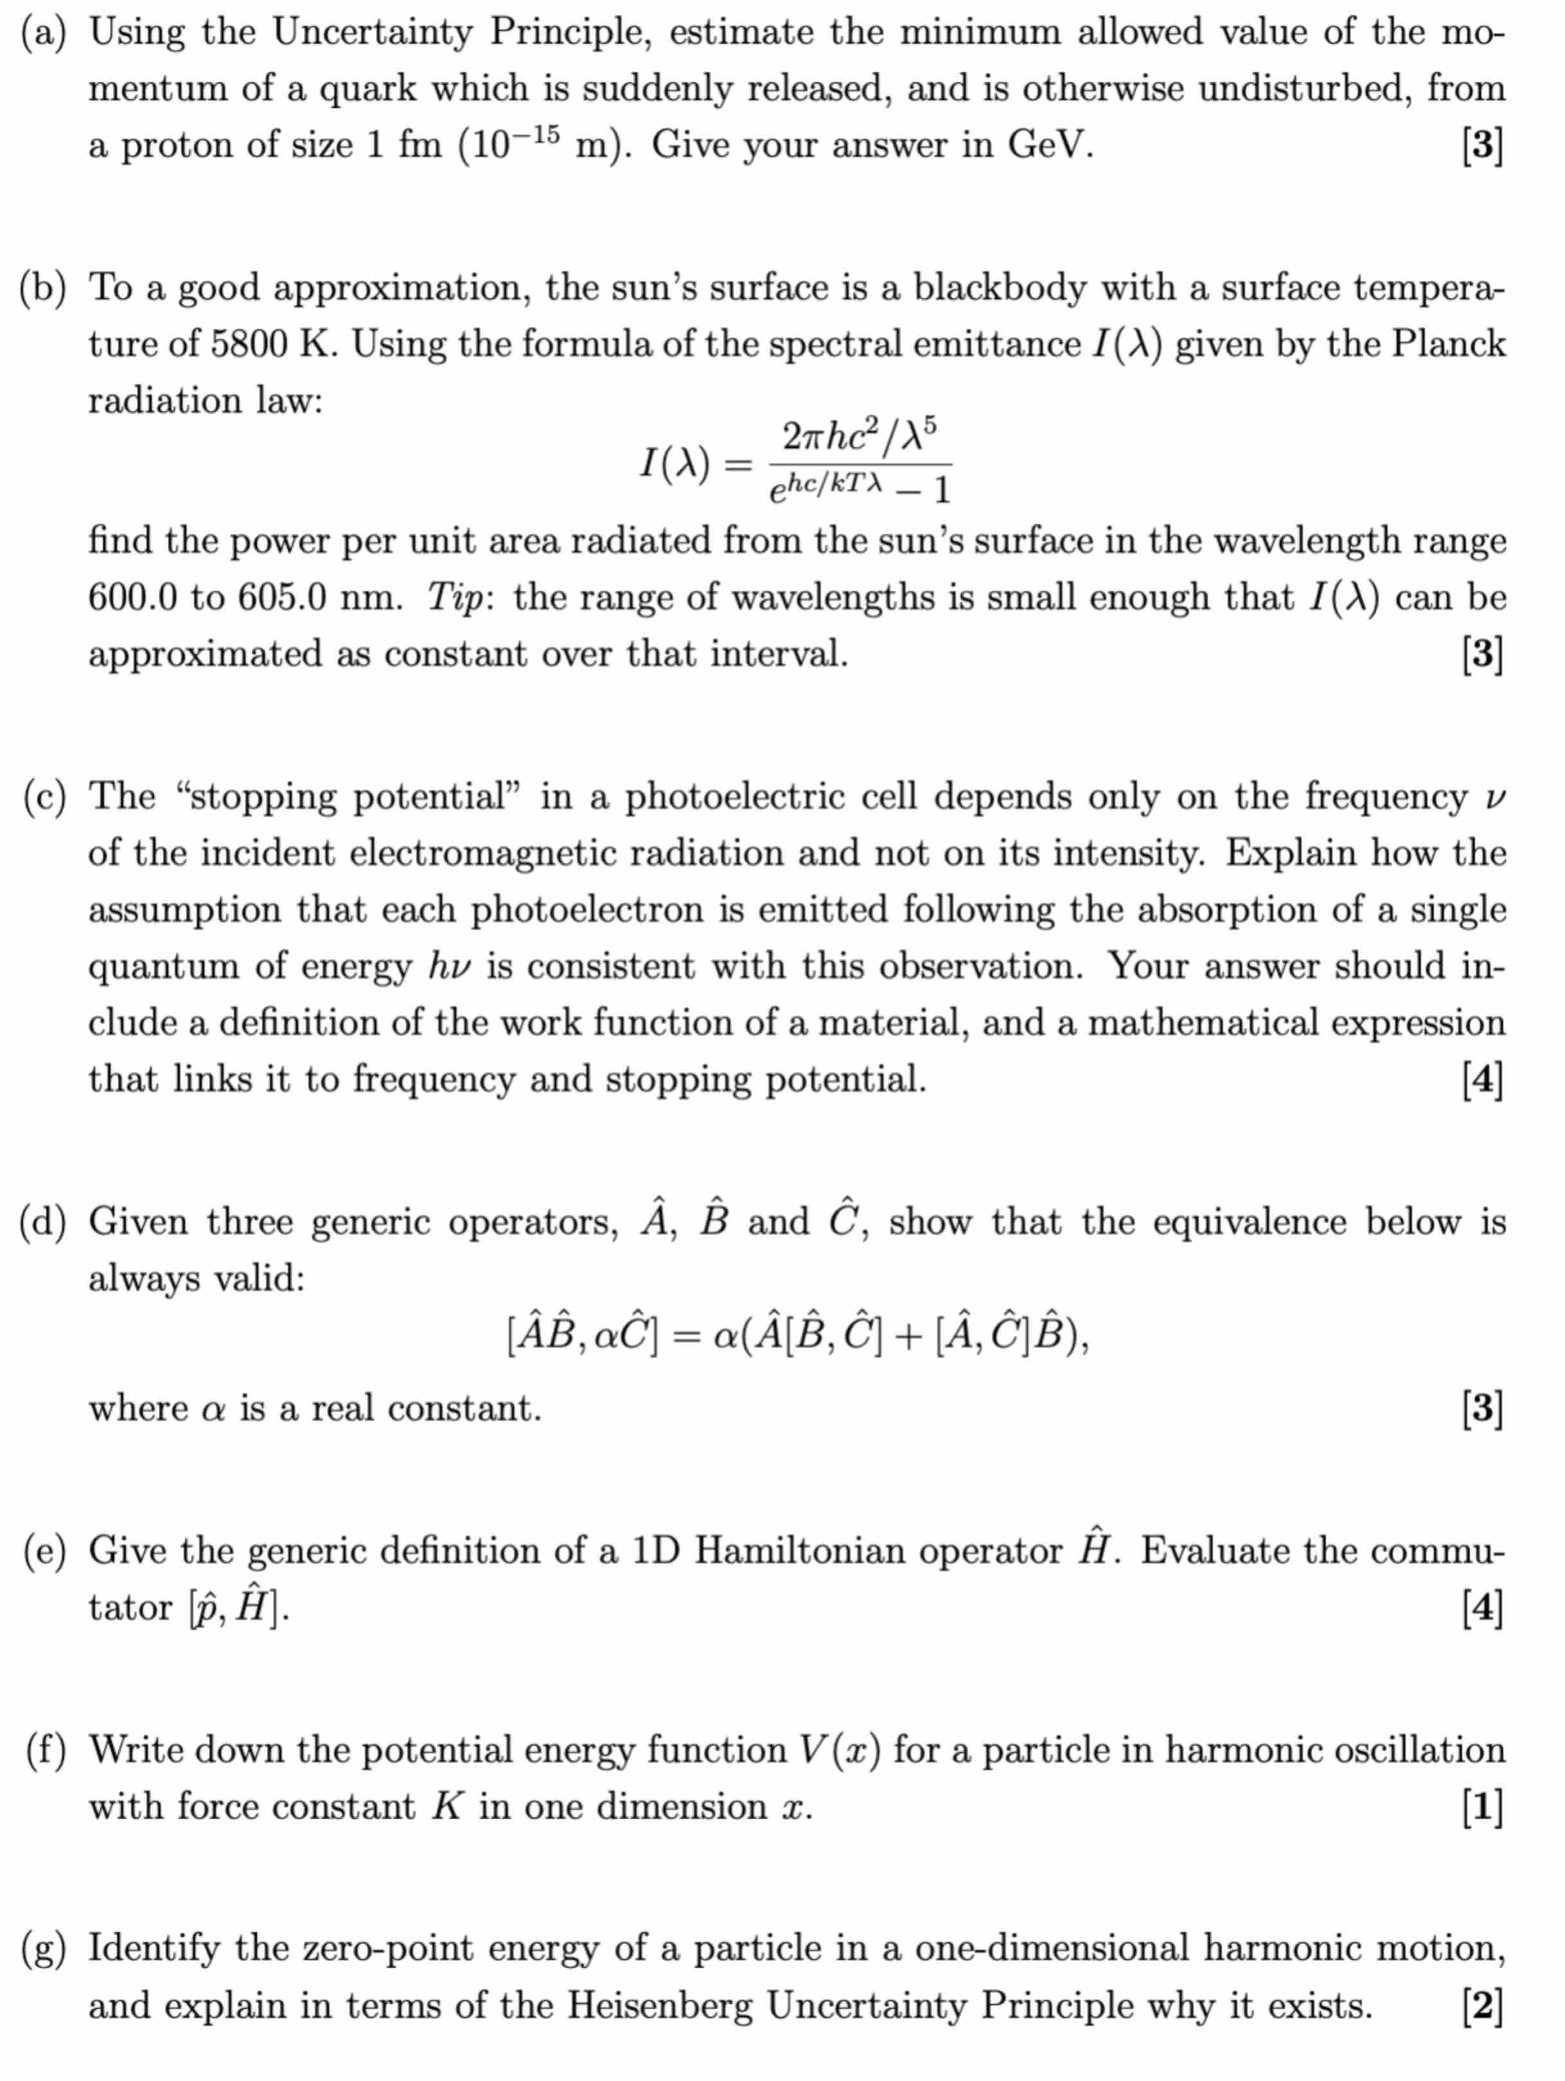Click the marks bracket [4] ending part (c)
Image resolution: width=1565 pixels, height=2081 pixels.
pos(1481,1080)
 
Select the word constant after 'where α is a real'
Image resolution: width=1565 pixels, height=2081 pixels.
pos(464,1409)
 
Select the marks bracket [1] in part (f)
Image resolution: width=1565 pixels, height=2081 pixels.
pos(1481,1807)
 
